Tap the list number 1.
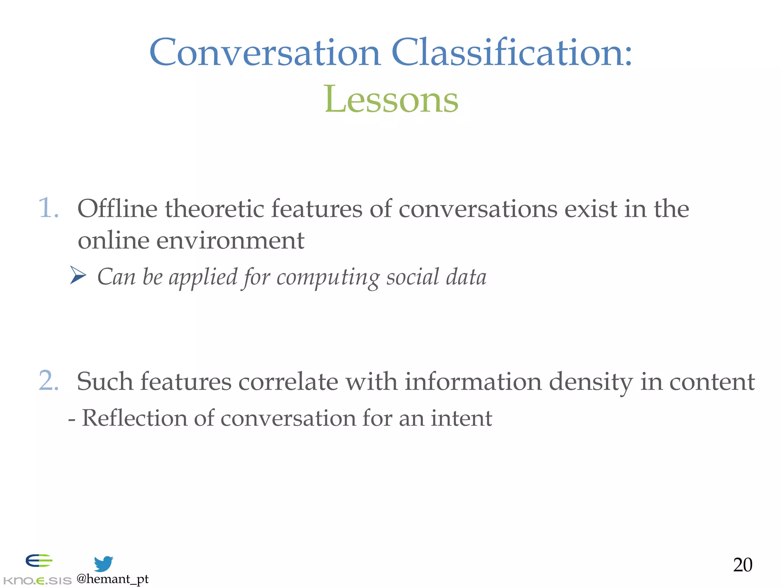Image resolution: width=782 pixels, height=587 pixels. coord(48,208)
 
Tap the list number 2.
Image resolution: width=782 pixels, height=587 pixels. coord(48,381)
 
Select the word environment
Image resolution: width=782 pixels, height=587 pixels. coord(230,241)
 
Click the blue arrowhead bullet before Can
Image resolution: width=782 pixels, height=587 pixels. coord(78,276)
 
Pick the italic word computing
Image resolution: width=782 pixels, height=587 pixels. coord(328,277)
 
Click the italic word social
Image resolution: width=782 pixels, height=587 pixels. coord(412,277)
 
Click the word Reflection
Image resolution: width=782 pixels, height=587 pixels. coord(134,418)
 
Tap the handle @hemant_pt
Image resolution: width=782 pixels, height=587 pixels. coord(112,579)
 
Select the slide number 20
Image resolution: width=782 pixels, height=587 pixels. coord(742,565)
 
